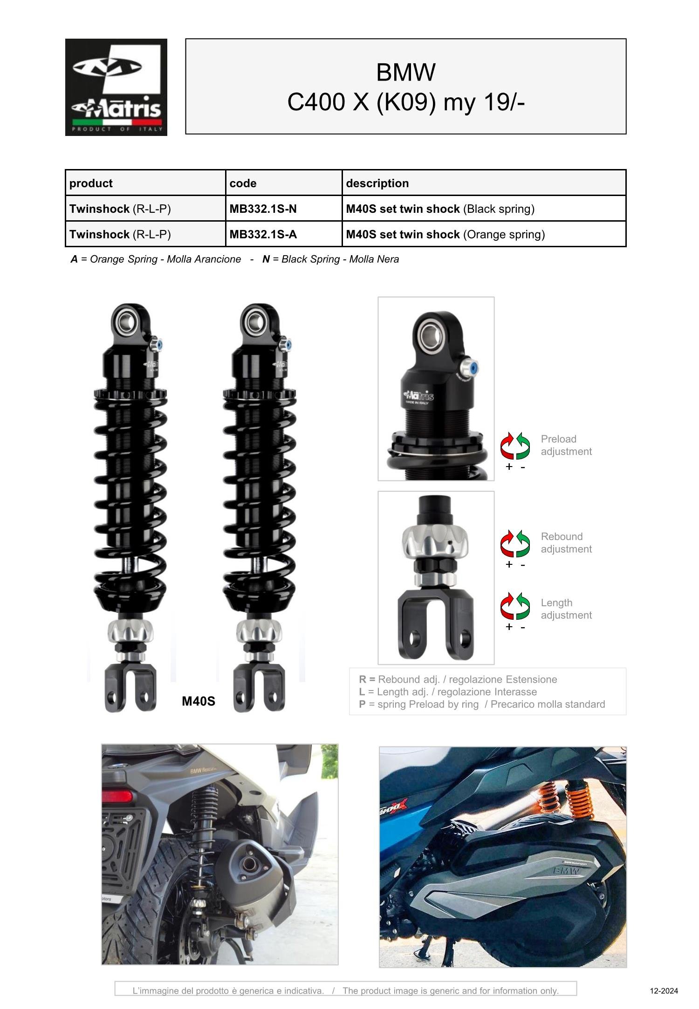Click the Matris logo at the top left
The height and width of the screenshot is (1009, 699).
coord(116,87)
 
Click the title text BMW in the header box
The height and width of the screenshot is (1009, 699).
coord(405,72)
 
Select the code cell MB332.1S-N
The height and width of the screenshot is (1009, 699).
coord(263,209)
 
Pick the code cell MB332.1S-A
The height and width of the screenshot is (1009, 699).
coord(263,234)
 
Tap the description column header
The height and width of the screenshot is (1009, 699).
coord(377,183)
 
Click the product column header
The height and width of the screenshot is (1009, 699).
coord(91,183)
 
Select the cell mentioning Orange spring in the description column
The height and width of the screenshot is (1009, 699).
coord(445,234)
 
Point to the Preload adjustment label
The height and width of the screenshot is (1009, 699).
coord(566,445)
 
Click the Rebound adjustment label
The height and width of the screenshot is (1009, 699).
coord(566,542)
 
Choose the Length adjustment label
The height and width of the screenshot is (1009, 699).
coord(566,609)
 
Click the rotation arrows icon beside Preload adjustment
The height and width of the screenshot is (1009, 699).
coord(515,446)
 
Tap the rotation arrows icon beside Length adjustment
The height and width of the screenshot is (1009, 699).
coord(515,606)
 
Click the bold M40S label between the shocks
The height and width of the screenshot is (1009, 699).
coord(199,701)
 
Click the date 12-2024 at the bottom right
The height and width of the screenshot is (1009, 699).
coord(664,991)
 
